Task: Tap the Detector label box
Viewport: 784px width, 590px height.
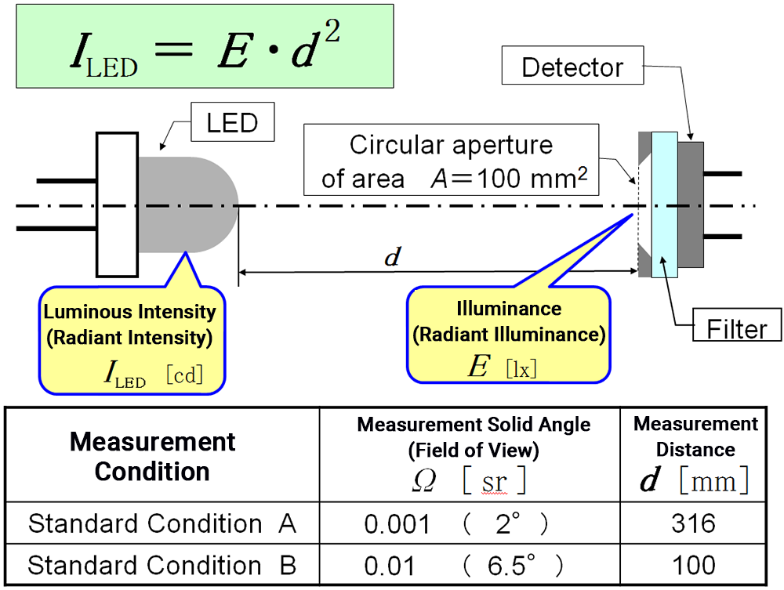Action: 572,67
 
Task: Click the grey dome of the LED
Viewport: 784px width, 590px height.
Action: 188,204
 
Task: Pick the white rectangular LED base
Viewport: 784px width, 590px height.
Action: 117,205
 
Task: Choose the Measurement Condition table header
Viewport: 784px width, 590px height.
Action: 152,457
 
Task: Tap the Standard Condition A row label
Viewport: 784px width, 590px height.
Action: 162,523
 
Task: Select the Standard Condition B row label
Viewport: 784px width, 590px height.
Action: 162,565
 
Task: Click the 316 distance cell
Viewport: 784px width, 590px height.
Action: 693,523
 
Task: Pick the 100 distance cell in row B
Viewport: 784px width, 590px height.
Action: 693,565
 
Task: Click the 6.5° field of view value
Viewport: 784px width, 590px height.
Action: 514,565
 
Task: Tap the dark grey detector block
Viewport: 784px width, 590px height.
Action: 691,204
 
